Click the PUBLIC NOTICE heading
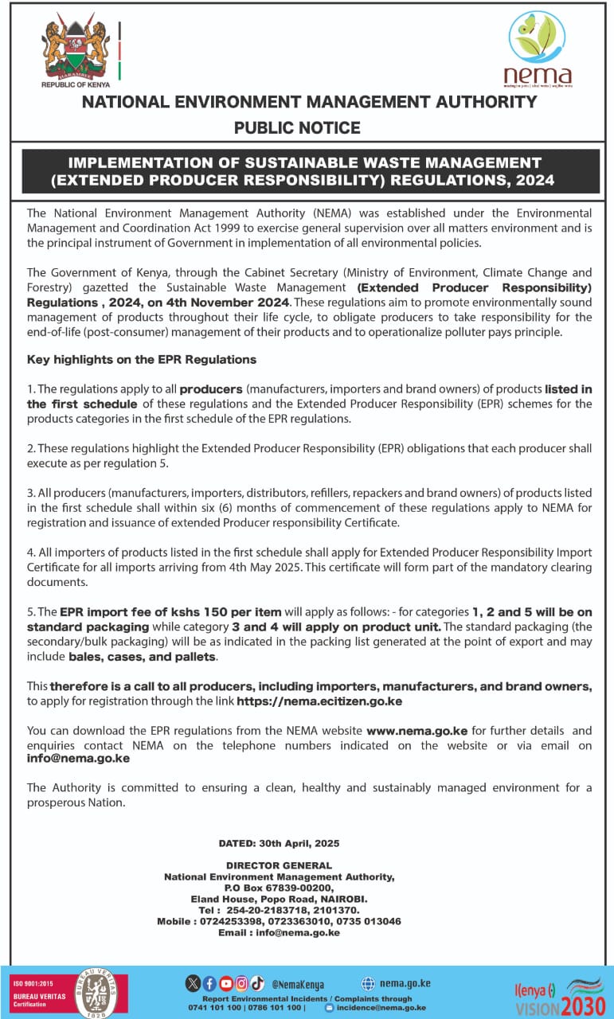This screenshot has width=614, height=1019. pyautogui.click(x=297, y=127)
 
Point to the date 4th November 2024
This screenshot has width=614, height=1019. pyautogui.click(x=229, y=302)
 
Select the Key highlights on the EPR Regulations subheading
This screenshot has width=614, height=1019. pyautogui.click(x=142, y=359)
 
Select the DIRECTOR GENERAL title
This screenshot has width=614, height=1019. pyautogui.click(x=279, y=865)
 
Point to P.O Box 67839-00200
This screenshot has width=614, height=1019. pyautogui.click(x=279, y=888)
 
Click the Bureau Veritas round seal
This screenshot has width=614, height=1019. pyautogui.click(x=96, y=992)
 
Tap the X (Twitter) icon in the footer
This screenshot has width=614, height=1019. pyautogui.click(x=194, y=982)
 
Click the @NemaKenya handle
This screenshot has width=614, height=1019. pyautogui.click(x=298, y=984)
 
